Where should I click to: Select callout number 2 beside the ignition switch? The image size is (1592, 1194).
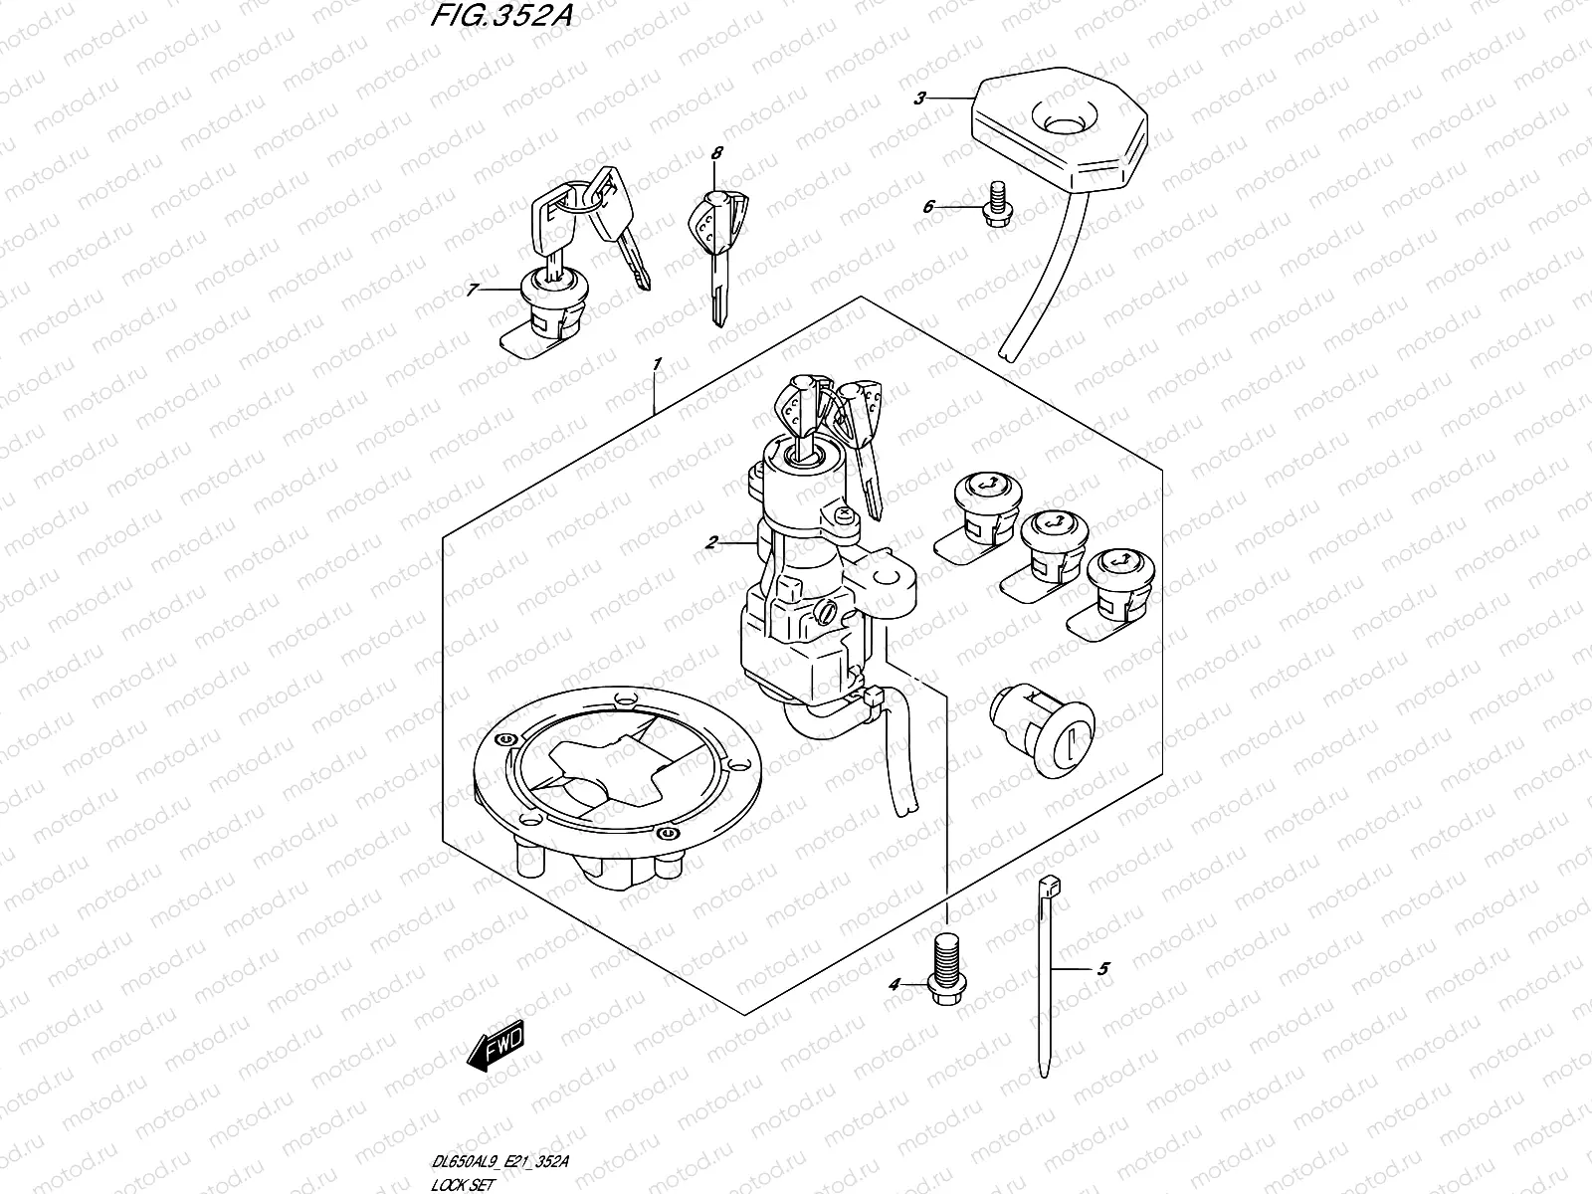(710, 543)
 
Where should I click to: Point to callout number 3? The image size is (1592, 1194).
(920, 98)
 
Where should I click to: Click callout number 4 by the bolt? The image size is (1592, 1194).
(894, 984)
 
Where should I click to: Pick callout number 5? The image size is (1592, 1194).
(1102, 968)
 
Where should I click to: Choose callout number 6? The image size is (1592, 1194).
(928, 207)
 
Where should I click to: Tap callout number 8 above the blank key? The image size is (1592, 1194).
(715, 152)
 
